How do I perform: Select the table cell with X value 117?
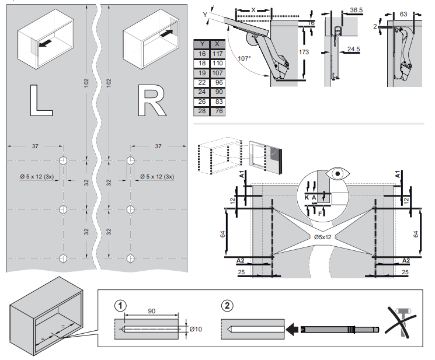point(217,54)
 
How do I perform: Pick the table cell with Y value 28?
point(201,111)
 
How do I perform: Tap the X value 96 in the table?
point(217,82)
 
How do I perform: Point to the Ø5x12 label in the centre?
point(322,237)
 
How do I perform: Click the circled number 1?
point(120,305)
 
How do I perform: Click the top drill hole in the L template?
point(64,160)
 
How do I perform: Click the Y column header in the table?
point(201,43)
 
